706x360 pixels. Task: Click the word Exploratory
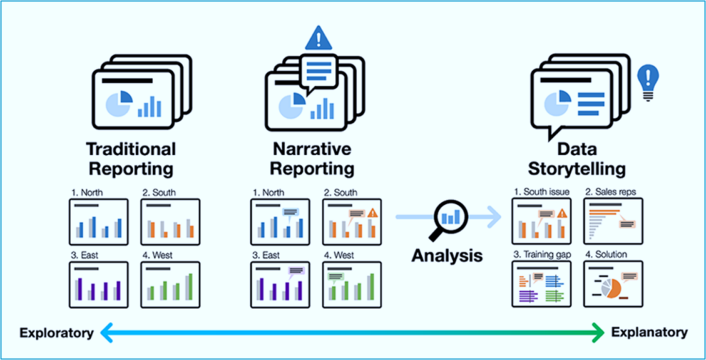pyautogui.click(x=56, y=333)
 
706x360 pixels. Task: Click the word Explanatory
pyautogui.click(x=649, y=333)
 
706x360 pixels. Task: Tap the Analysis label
pyautogui.click(x=447, y=255)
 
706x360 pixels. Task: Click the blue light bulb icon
pyautogui.click(x=648, y=83)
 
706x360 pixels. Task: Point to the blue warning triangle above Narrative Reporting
pyautogui.click(x=319, y=39)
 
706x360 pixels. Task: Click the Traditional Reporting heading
pyautogui.click(x=131, y=159)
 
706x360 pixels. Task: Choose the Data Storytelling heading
pyautogui.click(x=576, y=159)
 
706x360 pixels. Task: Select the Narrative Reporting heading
pyautogui.click(x=314, y=159)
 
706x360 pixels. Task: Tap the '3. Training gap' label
pyautogui.click(x=543, y=255)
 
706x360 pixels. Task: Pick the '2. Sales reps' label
pyautogui.click(x=611, y=192)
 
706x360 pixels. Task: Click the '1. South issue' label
pyautogui.click(x=542, y=192)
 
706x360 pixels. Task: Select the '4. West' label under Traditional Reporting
pyautogui.click(x=158, y=255)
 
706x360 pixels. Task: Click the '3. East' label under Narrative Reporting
pyautogui.click(x=265, y=255)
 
